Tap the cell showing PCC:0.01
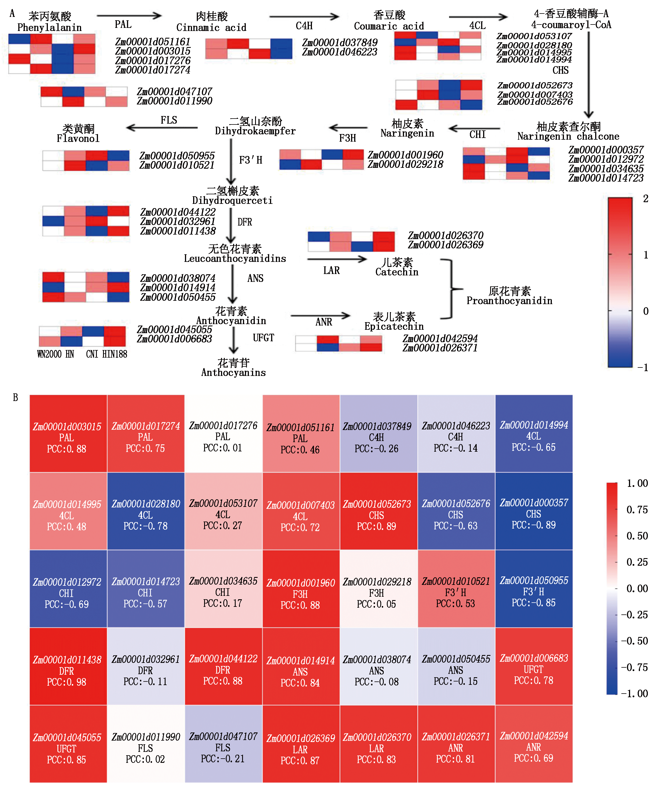coord(224,434)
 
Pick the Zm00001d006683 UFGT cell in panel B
coord(534,666)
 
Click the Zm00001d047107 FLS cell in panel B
coord(224,744)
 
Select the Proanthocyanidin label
coord(509,301)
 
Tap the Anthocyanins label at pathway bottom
coord(233,373)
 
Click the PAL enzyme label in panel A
coord(123,24)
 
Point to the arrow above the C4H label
coord(304,17)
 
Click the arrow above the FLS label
coord(162,128)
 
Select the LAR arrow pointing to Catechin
coord(337,259)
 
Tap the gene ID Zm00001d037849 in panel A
coord(340,43)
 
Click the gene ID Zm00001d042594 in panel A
coord(440,338)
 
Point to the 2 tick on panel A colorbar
coord(645,199)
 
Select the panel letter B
coord(15,398)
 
